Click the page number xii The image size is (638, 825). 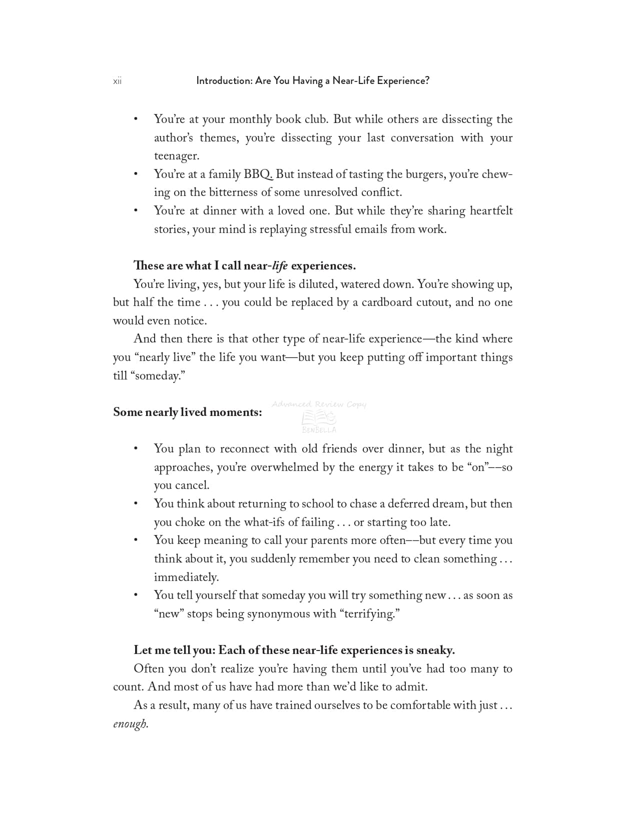[x=117, y=81]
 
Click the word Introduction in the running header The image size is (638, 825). [x=224, y=80]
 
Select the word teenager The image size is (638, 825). [x=176, y=156]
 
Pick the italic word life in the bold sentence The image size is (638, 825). [x=280, y=265]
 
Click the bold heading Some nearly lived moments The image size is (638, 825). [x=188, y=412]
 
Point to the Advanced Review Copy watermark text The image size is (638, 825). [x=319, y=404]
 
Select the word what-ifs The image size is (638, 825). [x=270, y=522]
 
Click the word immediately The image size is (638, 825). [x=186, y=577]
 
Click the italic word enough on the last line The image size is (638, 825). [x=131, y=723]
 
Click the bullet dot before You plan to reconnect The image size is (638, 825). [x=136, y=449]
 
